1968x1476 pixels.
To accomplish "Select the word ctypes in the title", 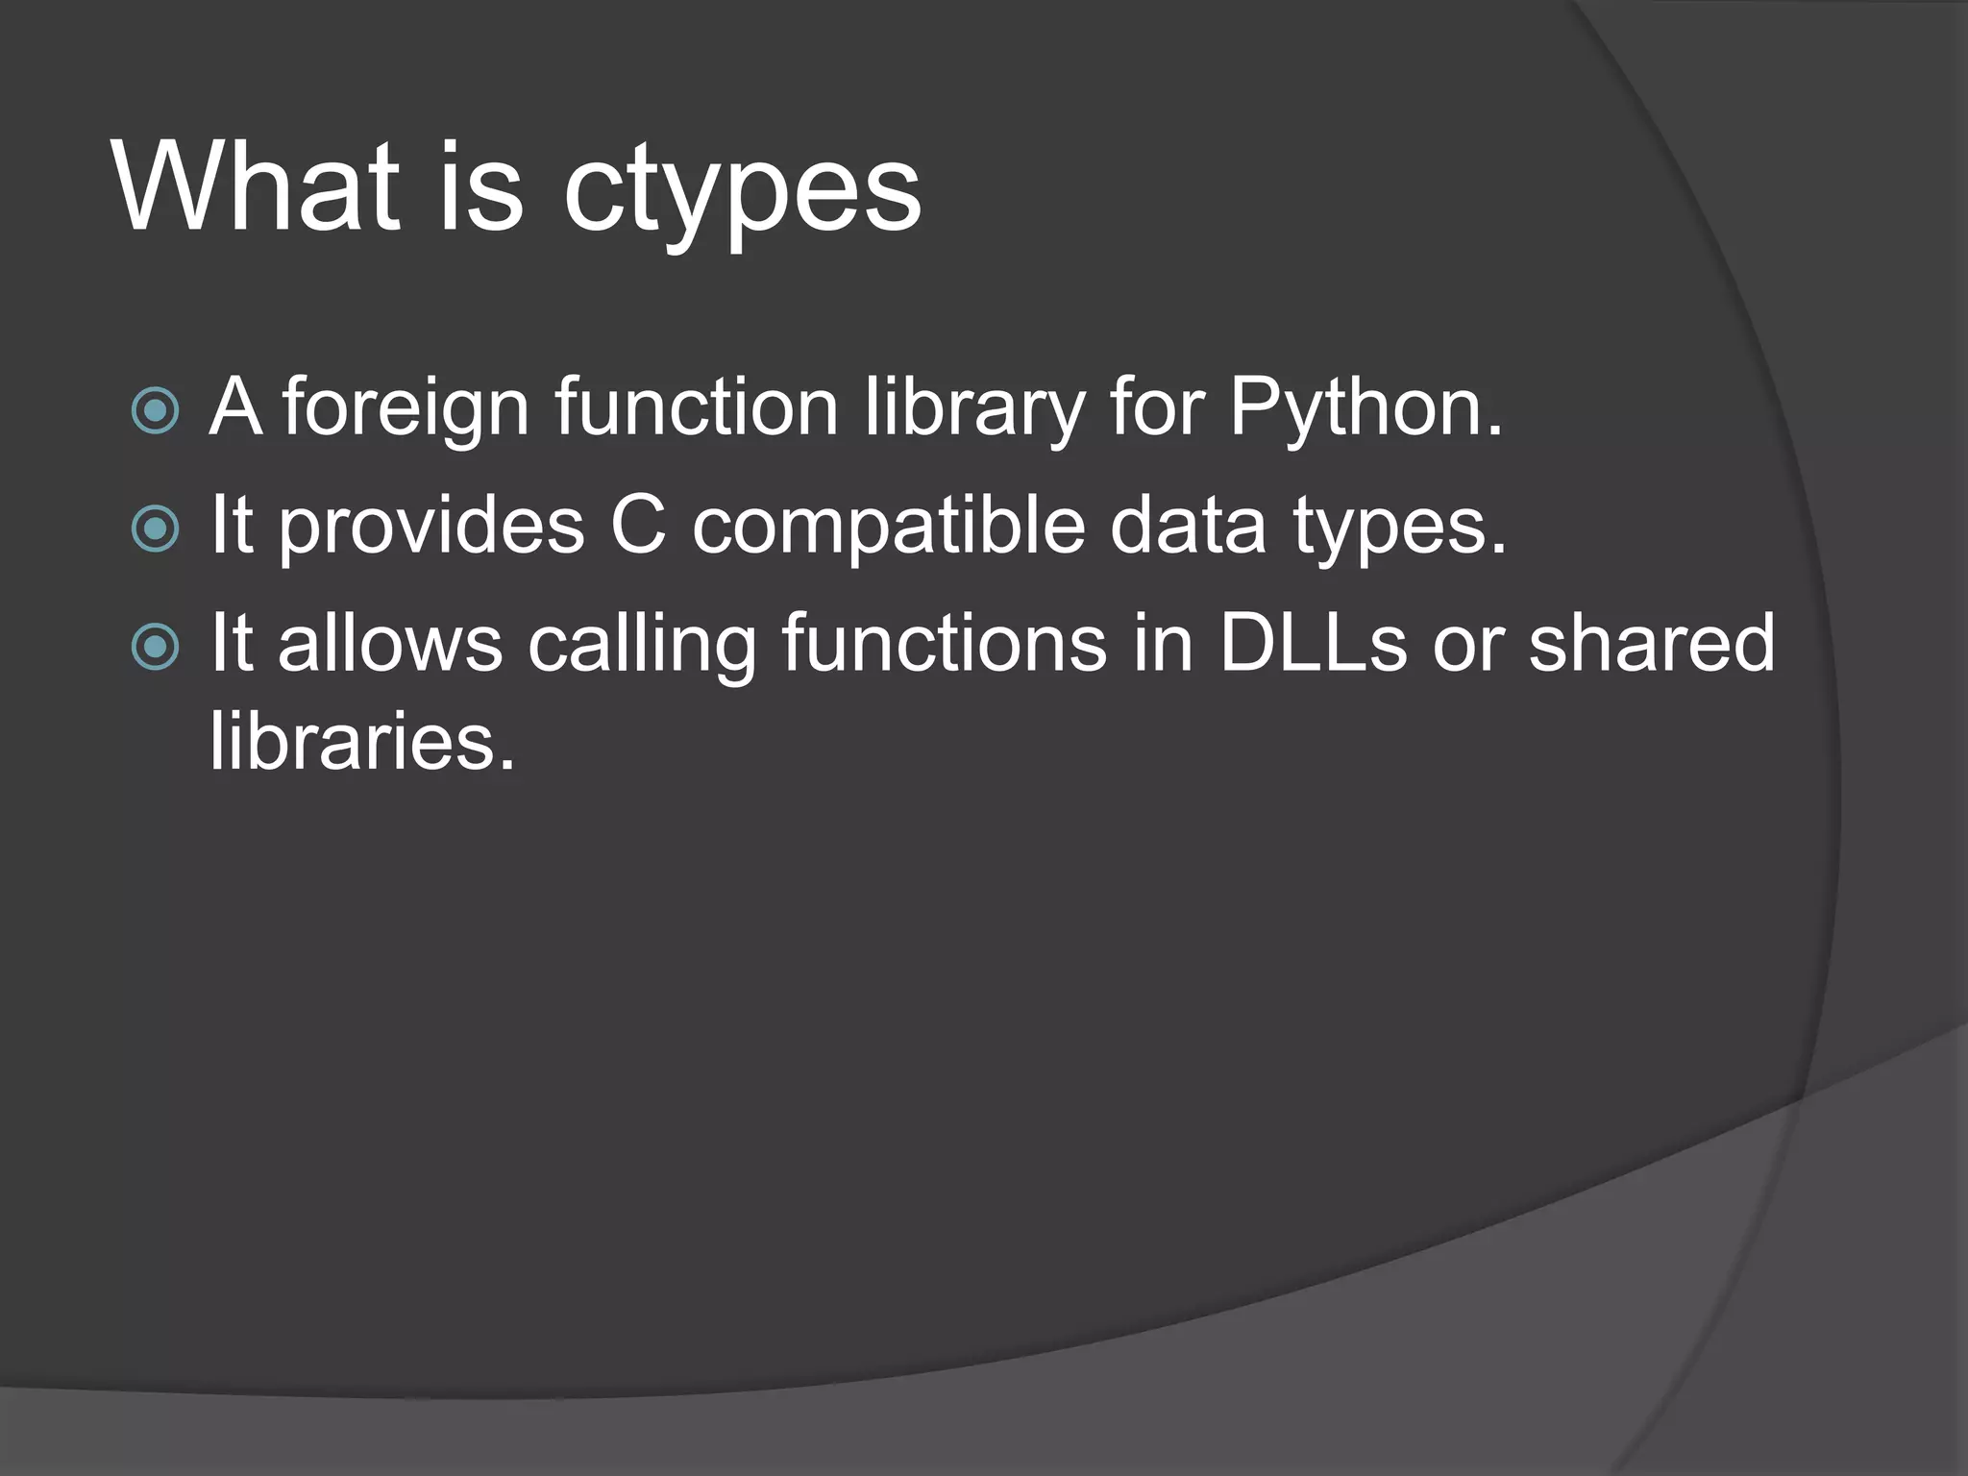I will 742,192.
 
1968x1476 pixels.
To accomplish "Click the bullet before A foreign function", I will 155,411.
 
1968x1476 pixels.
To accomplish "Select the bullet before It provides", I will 155,529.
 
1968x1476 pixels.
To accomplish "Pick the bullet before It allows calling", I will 155,647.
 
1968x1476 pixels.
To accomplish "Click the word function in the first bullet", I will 696,407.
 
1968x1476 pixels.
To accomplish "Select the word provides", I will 431,529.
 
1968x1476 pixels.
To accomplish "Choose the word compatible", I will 888,529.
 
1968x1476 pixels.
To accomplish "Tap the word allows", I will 390,643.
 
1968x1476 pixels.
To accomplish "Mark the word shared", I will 1651,643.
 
